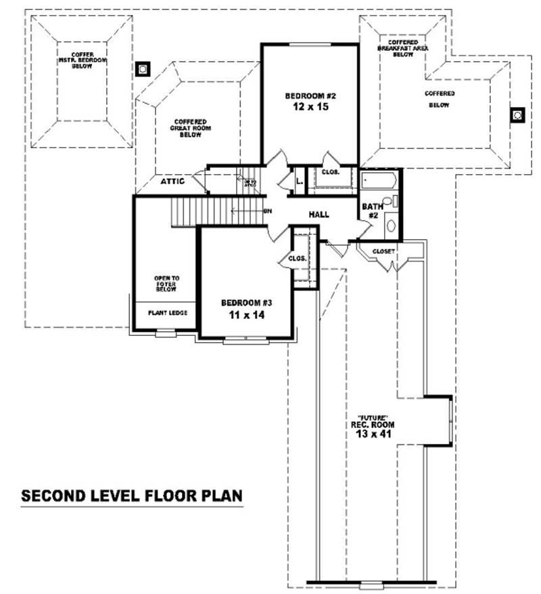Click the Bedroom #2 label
coord(310,96)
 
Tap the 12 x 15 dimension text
coord(310,107)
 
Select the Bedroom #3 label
coord(247,303)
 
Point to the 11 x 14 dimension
coord(247,315)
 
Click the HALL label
coord(319,215)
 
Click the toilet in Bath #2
coord(389,202)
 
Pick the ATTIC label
coord(172,182)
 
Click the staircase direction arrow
coord(247,211)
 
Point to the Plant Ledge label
coord(167,312)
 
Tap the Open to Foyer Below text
coord(166,284)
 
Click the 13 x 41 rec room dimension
coord(372,433)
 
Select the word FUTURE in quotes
coord(372,417)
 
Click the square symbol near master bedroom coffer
coord(142,68)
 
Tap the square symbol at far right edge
coord(517,115)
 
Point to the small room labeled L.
coord(298,180)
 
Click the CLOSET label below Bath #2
coord(383,251)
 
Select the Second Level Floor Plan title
coord(132,495)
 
